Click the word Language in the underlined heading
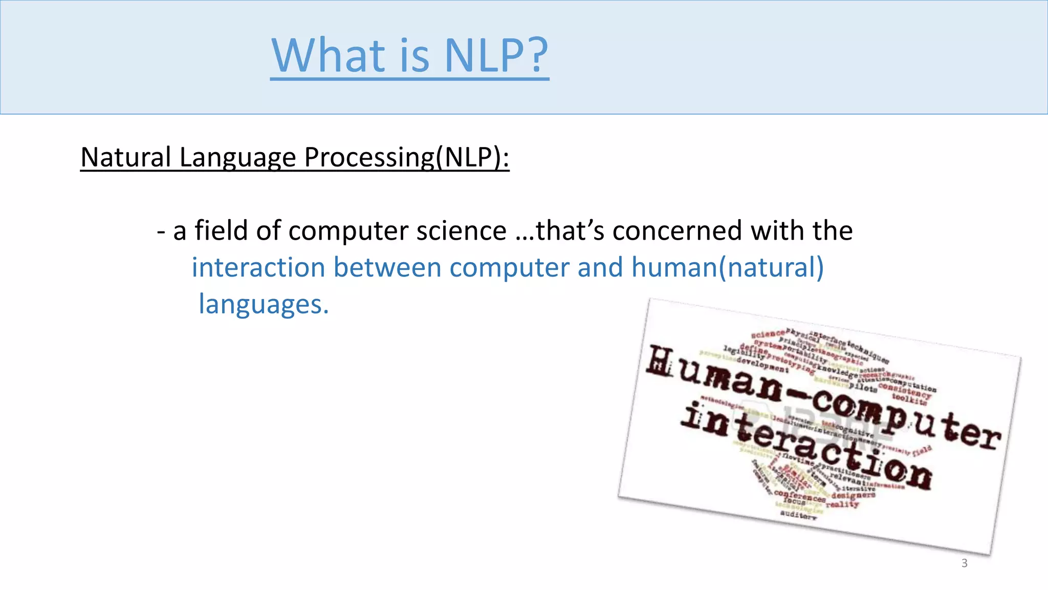pyautogui.click(x=237, y=158)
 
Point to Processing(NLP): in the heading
pyautogui.click(x=407, y=158)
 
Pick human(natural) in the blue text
pyautogui.click(x=727, y=267)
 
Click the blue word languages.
pyautogui.click(x=263, y=304)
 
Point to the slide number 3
pyautogui.click(x=965, y=563)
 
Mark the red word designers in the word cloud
pyautogui.click(x=853, y=495)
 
